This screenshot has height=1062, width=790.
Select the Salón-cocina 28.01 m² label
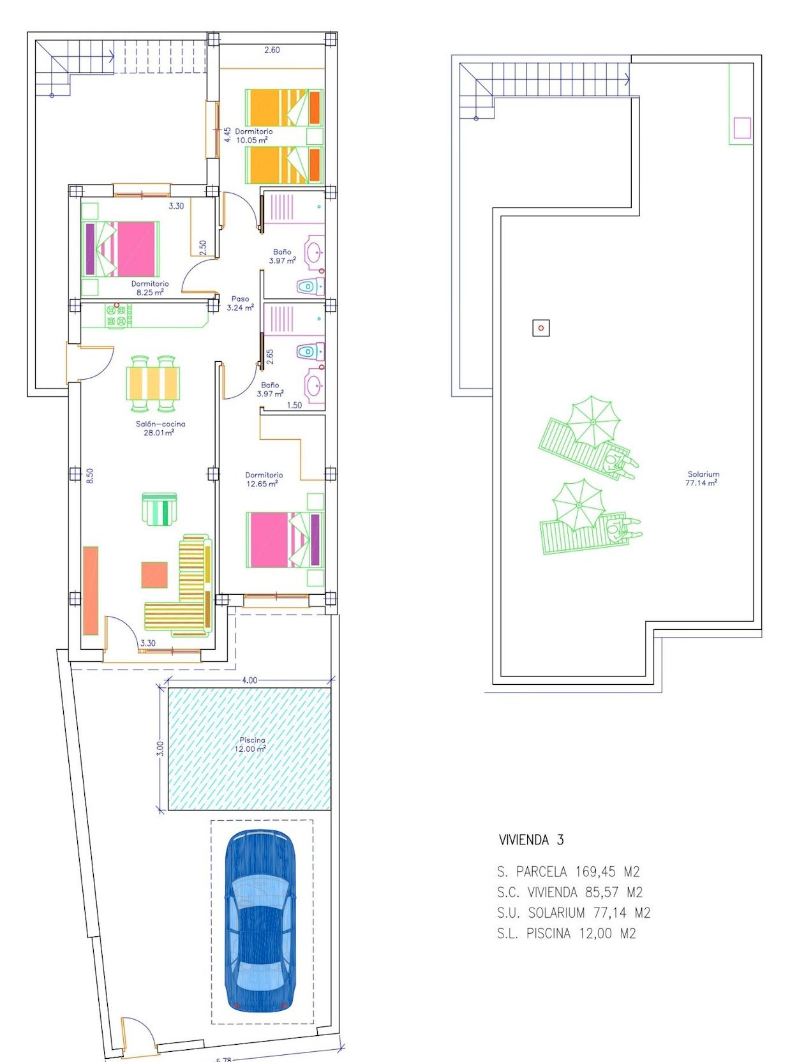[x=160, y=428]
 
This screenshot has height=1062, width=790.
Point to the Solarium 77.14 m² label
[x=703, y=479]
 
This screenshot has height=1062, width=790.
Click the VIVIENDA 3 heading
[x=532, y=840]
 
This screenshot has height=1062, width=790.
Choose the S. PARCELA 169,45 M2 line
[x=569, y=871]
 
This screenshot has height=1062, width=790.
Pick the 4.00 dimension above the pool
[x=250, y=680]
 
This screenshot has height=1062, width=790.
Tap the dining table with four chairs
[x=153, y=383]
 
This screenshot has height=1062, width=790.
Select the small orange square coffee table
[x=154, y=574]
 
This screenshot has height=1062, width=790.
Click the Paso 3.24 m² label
[x=241, y=303]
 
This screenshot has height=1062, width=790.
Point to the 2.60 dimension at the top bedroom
[x=272, y=50]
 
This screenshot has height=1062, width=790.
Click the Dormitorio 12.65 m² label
[x=264, y=479]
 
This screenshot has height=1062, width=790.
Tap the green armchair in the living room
[x=160, y=509]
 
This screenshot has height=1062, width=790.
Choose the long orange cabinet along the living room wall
[x=91, y=591]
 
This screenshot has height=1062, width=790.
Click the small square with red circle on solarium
[x=541, y=328]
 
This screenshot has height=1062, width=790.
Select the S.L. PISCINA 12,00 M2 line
[x=567, y=933]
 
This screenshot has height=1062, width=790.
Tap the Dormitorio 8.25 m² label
[x=150, y=288]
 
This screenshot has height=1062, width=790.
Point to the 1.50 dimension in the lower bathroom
[x=294, y=405]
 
